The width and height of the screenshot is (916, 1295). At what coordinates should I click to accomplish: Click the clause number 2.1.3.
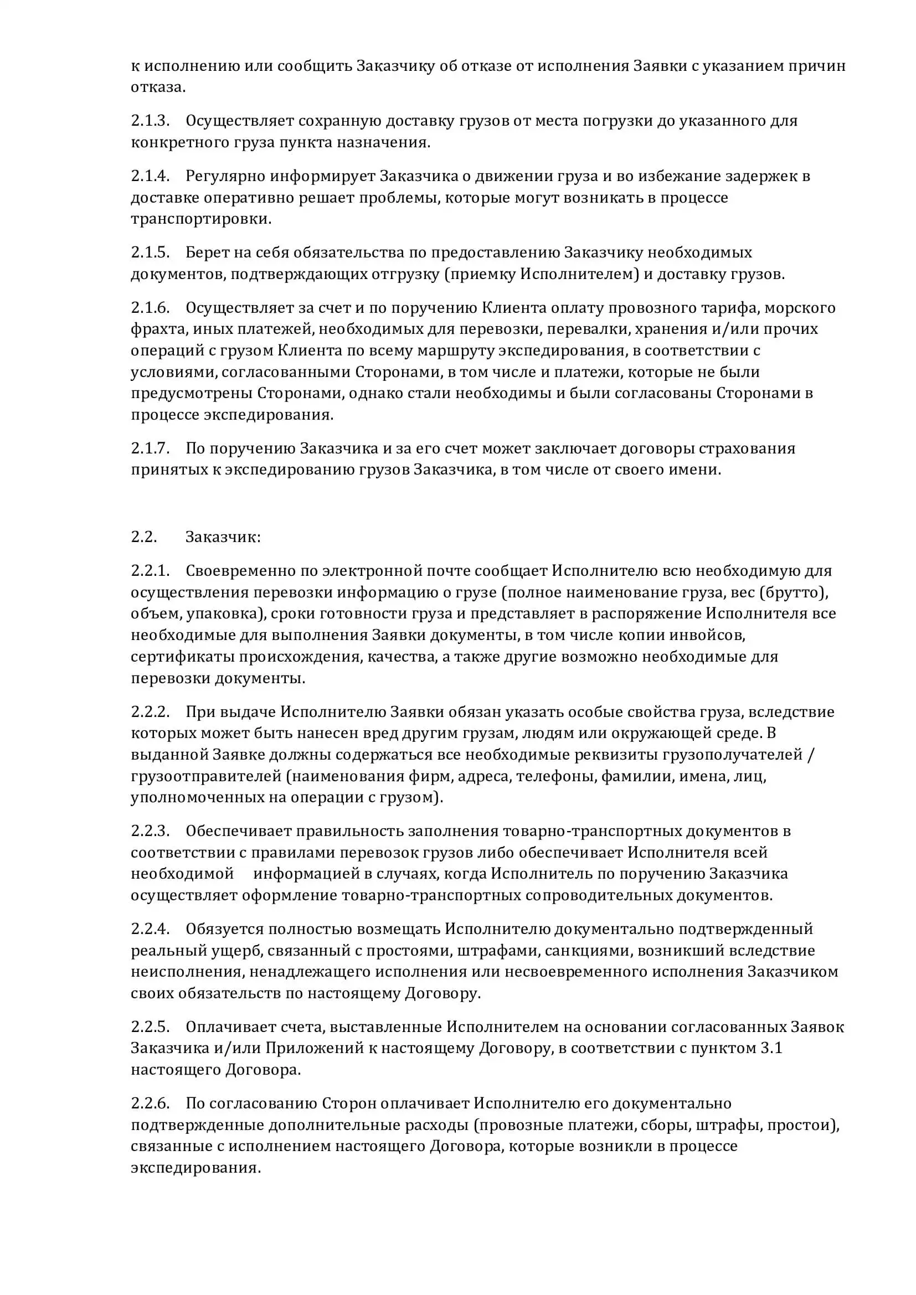coord(150,121)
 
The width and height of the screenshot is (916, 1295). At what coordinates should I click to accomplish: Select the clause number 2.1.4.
coord(150,176)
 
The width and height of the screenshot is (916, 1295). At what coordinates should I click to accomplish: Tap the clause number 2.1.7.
coord(150,448)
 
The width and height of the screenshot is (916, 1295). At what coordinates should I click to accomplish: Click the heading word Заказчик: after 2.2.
coord(223,536)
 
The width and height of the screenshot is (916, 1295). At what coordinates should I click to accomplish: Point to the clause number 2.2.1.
coord(150,570)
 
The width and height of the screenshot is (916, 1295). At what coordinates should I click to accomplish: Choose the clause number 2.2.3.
coord(150,831)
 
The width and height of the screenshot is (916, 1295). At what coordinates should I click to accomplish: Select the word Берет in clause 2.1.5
coord(207,251)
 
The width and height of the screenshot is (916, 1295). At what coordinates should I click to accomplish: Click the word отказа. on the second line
coord(158,87)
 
